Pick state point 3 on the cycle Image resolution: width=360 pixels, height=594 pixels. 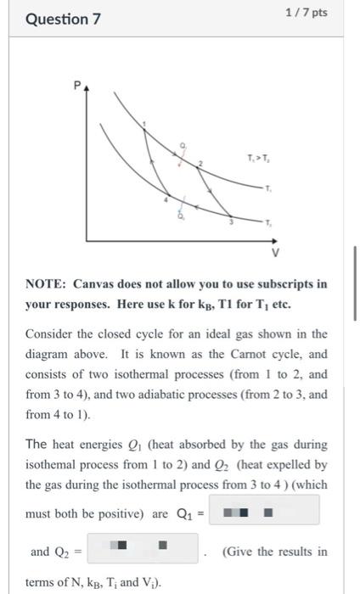pyautogui.click(x=231, y=221)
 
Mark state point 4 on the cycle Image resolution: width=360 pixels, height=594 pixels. pyautogui.click(x=166, y=200)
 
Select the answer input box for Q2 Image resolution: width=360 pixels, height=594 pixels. pyautogui.click(x=143, y=551)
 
